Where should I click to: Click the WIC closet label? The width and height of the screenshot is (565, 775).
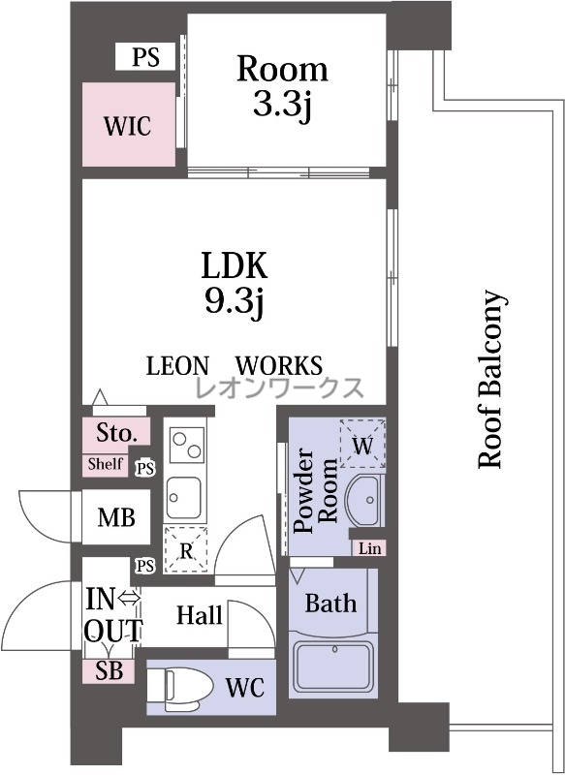(x=128, y=126)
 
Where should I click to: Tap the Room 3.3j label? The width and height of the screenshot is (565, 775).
(x=282, y=86)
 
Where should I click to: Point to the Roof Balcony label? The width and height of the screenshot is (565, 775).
(x=492, y=379)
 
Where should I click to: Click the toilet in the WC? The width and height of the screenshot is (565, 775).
(x=181, y=687)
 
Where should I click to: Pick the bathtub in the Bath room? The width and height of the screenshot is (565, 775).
(x=333, y=667)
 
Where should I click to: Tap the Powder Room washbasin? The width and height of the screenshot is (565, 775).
(x=364, y=500)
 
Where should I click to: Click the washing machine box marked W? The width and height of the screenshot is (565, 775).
(x=362, y=444)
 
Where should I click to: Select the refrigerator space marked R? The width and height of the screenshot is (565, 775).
(x=186, y=549)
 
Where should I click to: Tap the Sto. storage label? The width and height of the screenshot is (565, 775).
(x=116, y=433)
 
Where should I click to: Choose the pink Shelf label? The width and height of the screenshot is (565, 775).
(x=105, y=464)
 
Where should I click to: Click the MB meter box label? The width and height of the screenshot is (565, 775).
(x=116, y=517)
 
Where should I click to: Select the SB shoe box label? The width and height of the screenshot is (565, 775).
(x=109, y=670)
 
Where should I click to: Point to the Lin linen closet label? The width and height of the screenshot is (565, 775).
(x=370, y=548)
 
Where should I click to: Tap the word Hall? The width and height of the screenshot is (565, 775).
(x=200, y=615)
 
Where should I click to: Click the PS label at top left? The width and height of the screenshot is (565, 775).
(x=145, y=56)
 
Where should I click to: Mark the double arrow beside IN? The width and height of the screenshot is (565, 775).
(x=130, y=599)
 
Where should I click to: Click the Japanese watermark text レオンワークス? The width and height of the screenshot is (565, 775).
(x=280, y=387)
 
